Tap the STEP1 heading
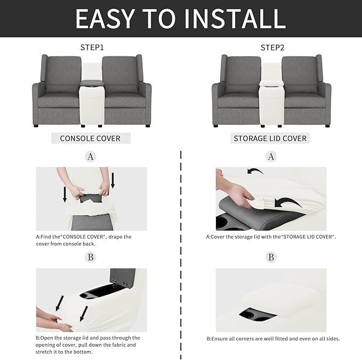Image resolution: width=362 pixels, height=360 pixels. tap(92, 47)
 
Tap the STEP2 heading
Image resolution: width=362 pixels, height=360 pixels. tap(272, 47)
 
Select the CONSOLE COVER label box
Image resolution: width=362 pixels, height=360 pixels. tap(90, 138)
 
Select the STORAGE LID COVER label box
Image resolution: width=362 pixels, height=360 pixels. tap(270, 138)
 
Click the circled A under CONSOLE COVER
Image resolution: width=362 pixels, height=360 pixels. tap(91, 157)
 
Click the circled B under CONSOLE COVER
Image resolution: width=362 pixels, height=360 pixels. tap(91, 257)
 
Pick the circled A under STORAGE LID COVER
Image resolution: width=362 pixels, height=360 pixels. tap(271, 157)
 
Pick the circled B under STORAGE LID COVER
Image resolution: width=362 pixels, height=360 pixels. tap(271, 257)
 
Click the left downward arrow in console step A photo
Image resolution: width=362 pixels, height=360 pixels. tap(65, 194)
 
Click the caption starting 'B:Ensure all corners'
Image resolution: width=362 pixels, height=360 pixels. tap(273, 339)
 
